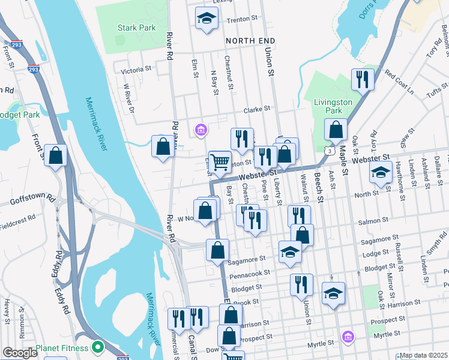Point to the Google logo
[x=20, y=353]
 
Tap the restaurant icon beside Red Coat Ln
[x=362, y=79]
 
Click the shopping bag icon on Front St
[x=56, y=155]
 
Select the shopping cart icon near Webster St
[x=220, y=161]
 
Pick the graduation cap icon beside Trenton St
[x=206, y=17]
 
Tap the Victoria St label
[x=136, y=70]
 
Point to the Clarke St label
[x=257, y=110]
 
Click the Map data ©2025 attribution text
[x=423, y=355]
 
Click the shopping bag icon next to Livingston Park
[x=336, y=129]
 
